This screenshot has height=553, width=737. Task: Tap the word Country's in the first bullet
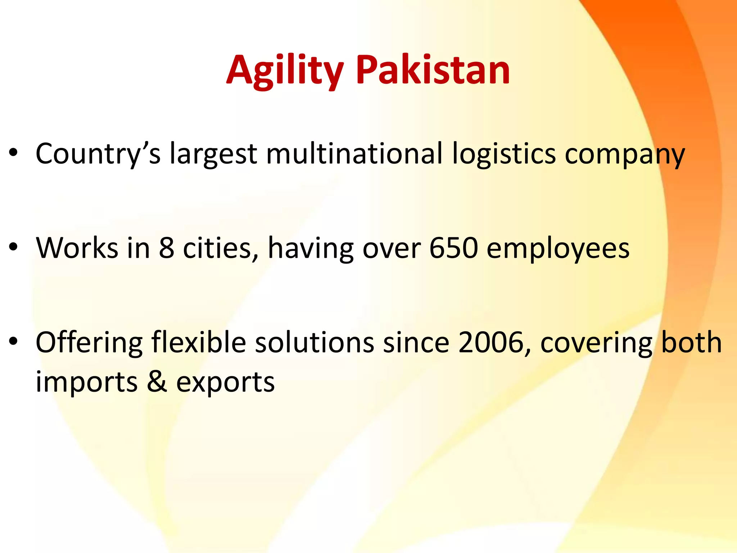tap(98, 154)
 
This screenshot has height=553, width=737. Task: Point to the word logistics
tap(504, 154)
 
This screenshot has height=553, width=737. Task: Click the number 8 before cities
tap(167, 248)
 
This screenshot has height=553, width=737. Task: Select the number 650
tap(454, 248)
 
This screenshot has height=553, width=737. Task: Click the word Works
tap(77, 248)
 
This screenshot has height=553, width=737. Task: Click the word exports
tap(225, 382)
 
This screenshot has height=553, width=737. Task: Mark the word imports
tap(87, 382)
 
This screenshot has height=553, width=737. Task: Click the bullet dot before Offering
tap(14, 341)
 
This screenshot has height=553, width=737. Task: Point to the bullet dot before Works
tap(14, 247)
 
